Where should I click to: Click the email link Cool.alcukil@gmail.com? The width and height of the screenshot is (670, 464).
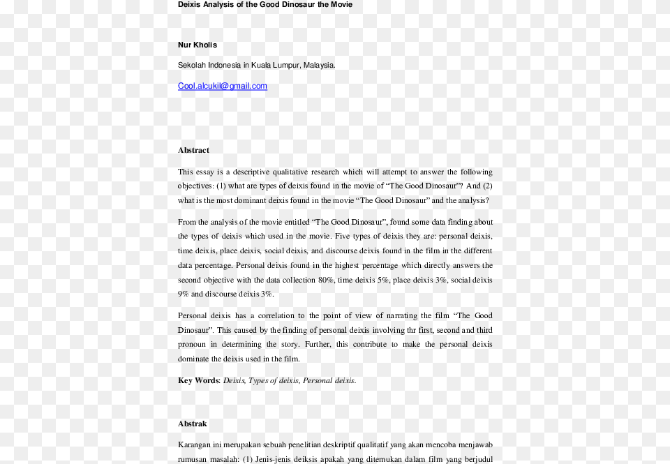[x=222, y=87]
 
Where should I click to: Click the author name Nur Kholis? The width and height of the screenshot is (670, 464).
[x=198, y=45]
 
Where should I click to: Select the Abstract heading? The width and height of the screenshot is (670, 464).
[x=193, y=150]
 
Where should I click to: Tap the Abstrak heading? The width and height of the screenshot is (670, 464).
[x=193, y=424]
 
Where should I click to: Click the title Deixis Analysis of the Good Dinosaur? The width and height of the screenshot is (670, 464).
[x=265, y=5]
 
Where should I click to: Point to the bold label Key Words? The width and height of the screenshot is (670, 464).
[x=198, y=380]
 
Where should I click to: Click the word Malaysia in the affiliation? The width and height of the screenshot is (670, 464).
[x=318, y=66]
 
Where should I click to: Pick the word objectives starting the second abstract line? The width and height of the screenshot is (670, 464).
[x=195, y=186]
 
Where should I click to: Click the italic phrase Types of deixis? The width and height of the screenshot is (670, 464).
[x=274, y=380]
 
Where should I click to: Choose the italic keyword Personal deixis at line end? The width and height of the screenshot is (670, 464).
[x=329, y=380]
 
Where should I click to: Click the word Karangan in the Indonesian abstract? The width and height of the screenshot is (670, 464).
[x=195, y=445]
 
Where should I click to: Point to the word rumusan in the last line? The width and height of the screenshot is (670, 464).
[x=193, y=459]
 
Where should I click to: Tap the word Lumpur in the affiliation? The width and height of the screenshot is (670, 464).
[x=288, y=66]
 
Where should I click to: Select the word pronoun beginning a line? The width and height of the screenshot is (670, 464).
[x=194, y=344]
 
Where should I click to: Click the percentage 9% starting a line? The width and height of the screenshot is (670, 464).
[x=183, y=294]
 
